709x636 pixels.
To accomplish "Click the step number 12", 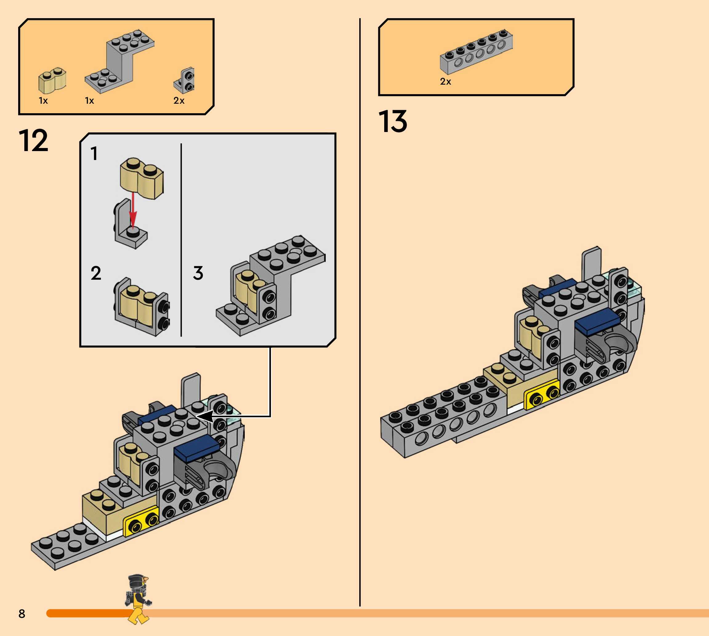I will click(33, 141).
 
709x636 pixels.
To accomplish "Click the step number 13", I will click(393, 122).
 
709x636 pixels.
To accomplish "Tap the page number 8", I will click(22, 613).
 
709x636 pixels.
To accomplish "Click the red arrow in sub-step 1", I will click(132, 210).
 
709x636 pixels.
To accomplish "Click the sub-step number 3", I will click(198, 273).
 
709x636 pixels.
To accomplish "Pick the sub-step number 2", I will click(96, 273).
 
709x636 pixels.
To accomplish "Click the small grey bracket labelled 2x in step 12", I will click(184, 81).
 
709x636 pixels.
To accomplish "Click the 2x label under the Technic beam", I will click(445, 82).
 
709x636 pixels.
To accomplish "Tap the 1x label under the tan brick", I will click(43, 101).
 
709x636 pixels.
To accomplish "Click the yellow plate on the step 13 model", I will click(541, 394).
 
